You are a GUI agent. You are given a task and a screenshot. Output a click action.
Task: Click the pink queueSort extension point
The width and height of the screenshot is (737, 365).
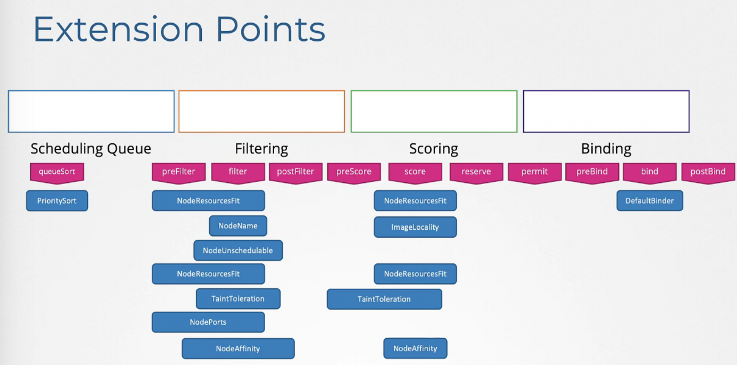(57, 172)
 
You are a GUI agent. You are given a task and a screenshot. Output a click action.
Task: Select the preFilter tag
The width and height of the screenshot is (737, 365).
(179, 172)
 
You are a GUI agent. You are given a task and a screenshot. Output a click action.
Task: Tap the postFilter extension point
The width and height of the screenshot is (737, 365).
(296, 172)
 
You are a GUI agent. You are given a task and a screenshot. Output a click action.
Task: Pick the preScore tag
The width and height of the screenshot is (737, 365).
(354, 172)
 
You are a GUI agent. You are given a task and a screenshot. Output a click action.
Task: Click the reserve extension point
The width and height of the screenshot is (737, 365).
(476, 172)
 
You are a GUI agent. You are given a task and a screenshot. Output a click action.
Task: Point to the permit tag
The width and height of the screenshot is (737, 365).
(535, 172)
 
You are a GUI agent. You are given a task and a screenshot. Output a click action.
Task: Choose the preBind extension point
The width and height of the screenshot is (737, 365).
(592, 172)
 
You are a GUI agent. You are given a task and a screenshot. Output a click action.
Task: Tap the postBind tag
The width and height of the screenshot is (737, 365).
(708, 172)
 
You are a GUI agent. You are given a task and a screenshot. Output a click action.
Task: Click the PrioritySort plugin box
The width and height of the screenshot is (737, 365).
(57, 201)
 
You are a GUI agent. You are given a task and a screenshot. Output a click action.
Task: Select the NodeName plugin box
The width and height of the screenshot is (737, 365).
(238, 226)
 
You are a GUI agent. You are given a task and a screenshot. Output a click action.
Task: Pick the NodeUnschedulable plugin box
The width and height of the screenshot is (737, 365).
(238, 250)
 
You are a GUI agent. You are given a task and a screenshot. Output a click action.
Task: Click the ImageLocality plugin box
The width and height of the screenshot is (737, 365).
(415, 227)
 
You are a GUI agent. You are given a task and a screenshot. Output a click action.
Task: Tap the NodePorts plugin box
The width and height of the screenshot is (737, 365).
(208, 322)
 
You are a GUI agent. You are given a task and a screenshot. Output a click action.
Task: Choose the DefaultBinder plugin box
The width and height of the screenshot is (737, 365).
(650, 201)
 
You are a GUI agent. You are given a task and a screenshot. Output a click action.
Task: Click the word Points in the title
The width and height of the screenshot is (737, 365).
(271, 30)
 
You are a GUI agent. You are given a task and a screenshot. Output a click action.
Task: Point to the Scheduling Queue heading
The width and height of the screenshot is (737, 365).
(91, 149)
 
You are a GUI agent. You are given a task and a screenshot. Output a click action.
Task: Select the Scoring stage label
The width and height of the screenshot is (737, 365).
(434, 149)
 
